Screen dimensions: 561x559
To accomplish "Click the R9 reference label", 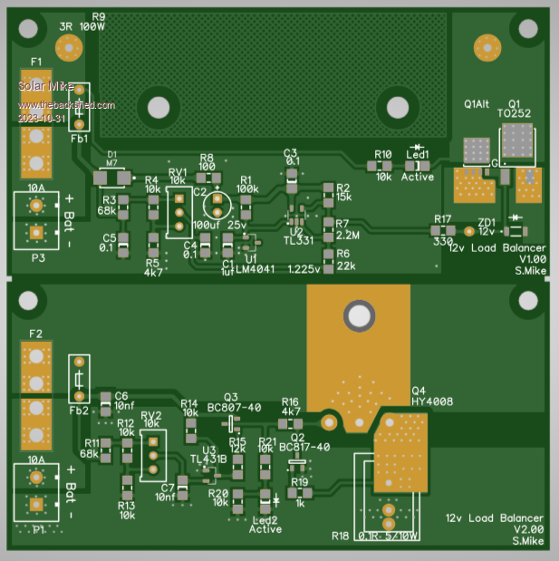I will click(98, 16).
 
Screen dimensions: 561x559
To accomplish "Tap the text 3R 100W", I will click(82, 27).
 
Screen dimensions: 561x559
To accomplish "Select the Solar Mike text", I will click(43, 86).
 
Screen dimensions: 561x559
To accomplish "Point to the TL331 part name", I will click(298, 241).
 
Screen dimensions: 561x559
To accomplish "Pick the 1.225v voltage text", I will click(304, 269).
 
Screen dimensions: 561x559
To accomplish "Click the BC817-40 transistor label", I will click(304, 447).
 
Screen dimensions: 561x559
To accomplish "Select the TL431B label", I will click(209, 459).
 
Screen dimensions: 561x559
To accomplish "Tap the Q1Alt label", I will click(477, 103).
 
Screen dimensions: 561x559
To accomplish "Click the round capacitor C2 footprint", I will click(217, 200).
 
